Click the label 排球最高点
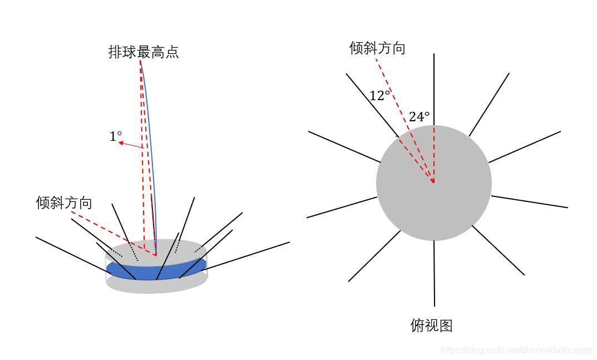144,53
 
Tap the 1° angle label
115,136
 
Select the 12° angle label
379,96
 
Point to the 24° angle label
419,117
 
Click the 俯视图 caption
431,326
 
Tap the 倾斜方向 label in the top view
377,48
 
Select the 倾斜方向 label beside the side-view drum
64,203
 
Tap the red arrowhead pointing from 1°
121,142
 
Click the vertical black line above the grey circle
434,89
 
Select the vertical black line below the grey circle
434,273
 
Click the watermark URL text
516,350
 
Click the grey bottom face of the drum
156,285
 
